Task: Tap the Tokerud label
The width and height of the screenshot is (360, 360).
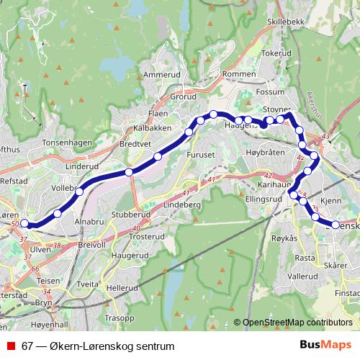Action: (x=276, y=53)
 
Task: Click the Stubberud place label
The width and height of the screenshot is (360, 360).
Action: (x=130, y=215)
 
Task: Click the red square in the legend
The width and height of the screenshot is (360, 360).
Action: (x=12, y=346)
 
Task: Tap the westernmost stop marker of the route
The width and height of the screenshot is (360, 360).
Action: (x=24, y=223)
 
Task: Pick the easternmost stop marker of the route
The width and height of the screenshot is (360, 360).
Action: (x=336, y=225)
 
